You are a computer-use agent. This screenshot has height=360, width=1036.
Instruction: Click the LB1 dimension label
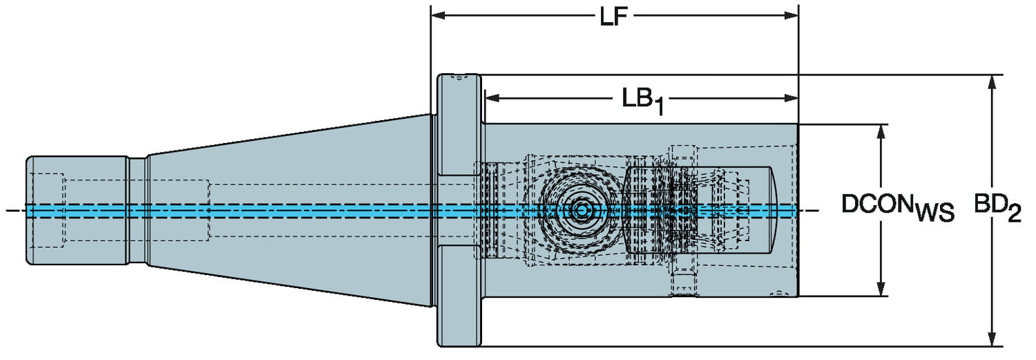click(x=642, y=100)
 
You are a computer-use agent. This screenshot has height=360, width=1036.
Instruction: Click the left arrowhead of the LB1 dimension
click(x=490, y=98)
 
